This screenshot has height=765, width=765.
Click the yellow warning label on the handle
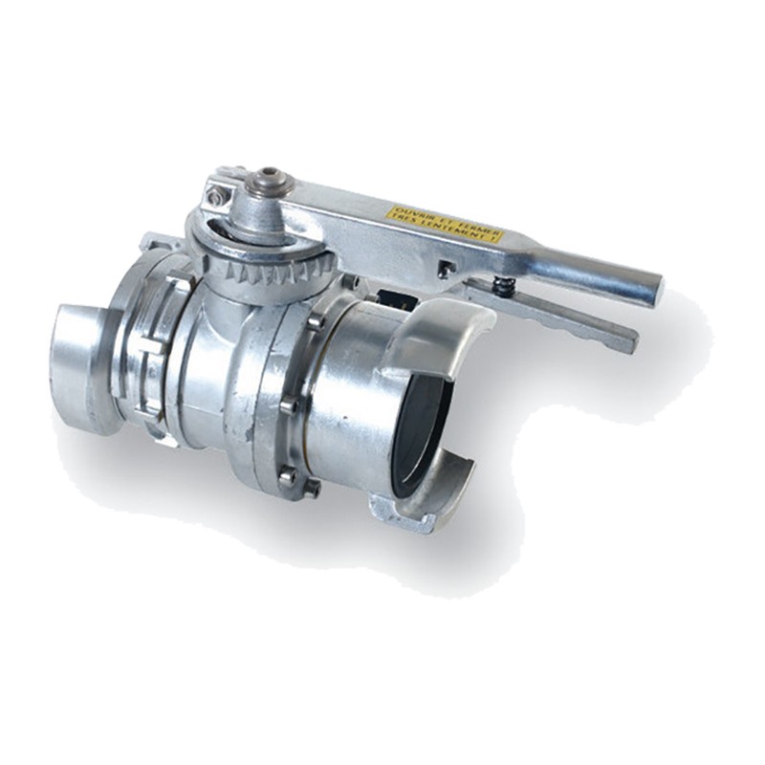click(x=445, y=223)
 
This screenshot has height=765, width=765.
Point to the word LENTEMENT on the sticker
click(x=458, y=232)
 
